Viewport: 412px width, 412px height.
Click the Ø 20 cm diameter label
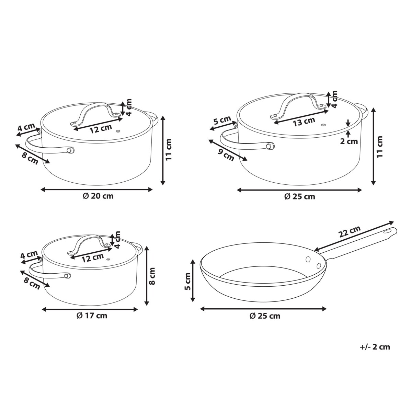point(98,196)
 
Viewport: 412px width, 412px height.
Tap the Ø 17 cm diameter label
point(92,316)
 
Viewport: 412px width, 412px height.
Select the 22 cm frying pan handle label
point(350,231)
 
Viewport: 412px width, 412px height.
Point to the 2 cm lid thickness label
point(349,141)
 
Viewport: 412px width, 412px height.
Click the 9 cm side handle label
point(226,154)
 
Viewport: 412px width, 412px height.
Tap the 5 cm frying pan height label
point(188,281)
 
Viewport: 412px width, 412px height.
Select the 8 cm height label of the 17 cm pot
point(152,276)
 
